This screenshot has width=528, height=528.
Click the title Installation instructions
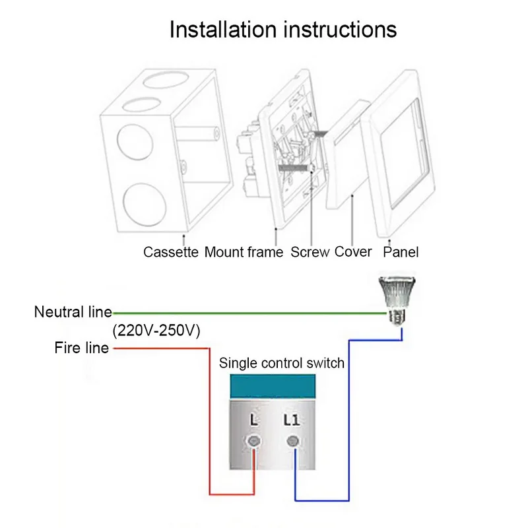click(283, 30)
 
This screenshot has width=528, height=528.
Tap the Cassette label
click(171, 251)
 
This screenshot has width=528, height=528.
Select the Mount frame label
click(244, 251)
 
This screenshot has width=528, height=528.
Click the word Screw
click(310, 251)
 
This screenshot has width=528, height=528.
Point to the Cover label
click(353, 251)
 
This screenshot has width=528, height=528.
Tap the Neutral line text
click(73, 312)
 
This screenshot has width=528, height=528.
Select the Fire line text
click(82, 348)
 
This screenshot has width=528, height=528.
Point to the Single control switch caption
click(282, 363)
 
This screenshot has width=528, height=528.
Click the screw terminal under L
click(252, 442)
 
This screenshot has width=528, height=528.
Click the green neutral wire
click(251, 312)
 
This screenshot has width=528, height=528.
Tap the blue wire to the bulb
click(348, 422)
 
